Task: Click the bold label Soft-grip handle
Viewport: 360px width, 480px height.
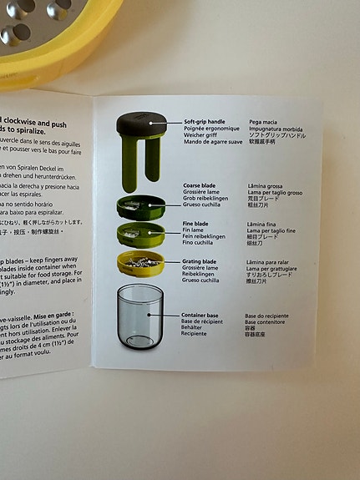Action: [x=205, y=122]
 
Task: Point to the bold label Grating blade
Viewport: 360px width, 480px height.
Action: [x=200, y=262]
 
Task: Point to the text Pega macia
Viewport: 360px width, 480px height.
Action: [x=263, y=122]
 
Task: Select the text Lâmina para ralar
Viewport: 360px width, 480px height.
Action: [x=269, y=262]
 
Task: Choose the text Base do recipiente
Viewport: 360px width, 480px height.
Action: [x=266, y=316]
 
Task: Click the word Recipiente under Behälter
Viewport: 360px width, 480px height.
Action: [x=197, y=335]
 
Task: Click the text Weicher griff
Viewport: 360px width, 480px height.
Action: [x=200, y=134]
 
